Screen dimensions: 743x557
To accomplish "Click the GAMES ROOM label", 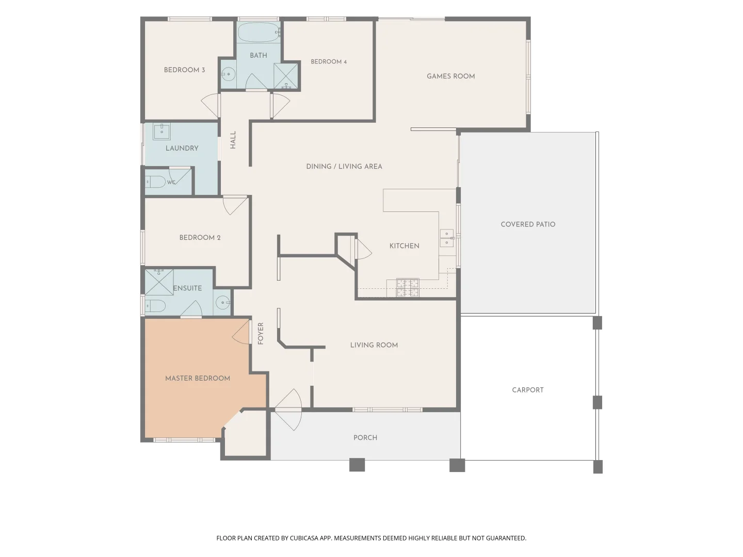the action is [450, 76].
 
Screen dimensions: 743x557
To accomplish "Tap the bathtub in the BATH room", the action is [258, 32].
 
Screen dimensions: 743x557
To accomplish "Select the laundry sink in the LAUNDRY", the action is [161, 131].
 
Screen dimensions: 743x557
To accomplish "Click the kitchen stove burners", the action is [408, 288].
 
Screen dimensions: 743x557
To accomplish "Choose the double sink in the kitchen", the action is [447, 238].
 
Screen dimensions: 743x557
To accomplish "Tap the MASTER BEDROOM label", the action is [198, 379].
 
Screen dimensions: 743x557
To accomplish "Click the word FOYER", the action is [260, 334].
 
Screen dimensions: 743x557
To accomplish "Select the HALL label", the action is [233, 140].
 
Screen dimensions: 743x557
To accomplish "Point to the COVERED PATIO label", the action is [528, 224].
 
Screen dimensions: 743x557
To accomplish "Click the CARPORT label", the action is [528, 390].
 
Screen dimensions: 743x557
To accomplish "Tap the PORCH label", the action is [365, 438].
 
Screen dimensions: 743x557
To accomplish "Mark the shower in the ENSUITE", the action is [159, 283].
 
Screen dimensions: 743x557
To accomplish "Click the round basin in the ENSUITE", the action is [223, 302].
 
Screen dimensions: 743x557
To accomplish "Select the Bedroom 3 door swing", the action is [211, 105].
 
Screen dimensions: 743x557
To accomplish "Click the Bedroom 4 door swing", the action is [280, 105].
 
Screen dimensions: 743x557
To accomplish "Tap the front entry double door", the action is [288, 410].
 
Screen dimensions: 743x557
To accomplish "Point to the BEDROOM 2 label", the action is [200, 238].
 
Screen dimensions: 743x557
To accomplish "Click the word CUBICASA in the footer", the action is [304, 538].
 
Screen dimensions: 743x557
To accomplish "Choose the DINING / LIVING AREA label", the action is [344, 167].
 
